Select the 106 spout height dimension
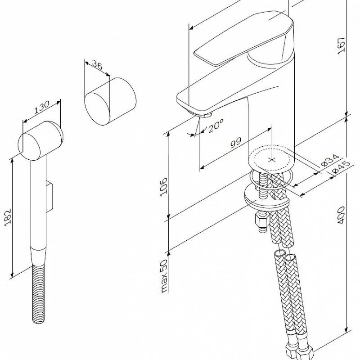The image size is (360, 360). click(x=164, y=185)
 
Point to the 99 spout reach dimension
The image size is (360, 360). click(x=236, y=144)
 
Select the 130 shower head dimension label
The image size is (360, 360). click(x=41, y=108)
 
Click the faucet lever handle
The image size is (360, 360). click(x=243, y=40)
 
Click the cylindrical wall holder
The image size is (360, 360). click(x=111, y=102)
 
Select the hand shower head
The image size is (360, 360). click(x=40, y=139)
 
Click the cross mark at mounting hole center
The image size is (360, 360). click(x=271, y=159)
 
